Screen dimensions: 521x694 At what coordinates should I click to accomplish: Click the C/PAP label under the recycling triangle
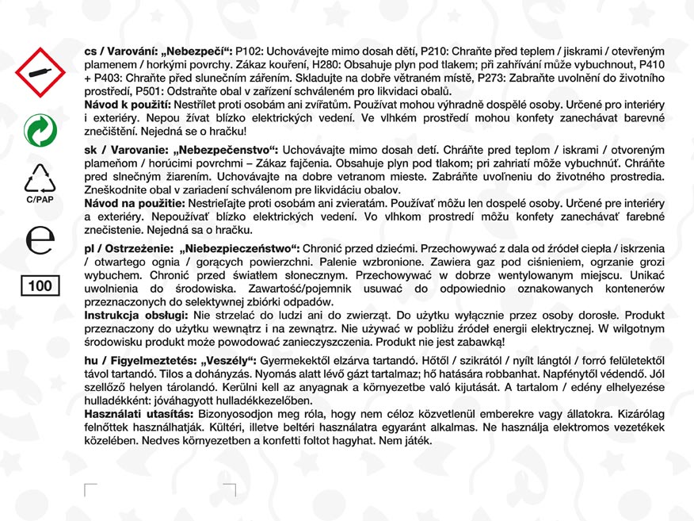click(40, 200)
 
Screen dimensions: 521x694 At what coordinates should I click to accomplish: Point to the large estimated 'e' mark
click(40, 240)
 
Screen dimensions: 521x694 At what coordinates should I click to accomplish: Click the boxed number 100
click(40, 285)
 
